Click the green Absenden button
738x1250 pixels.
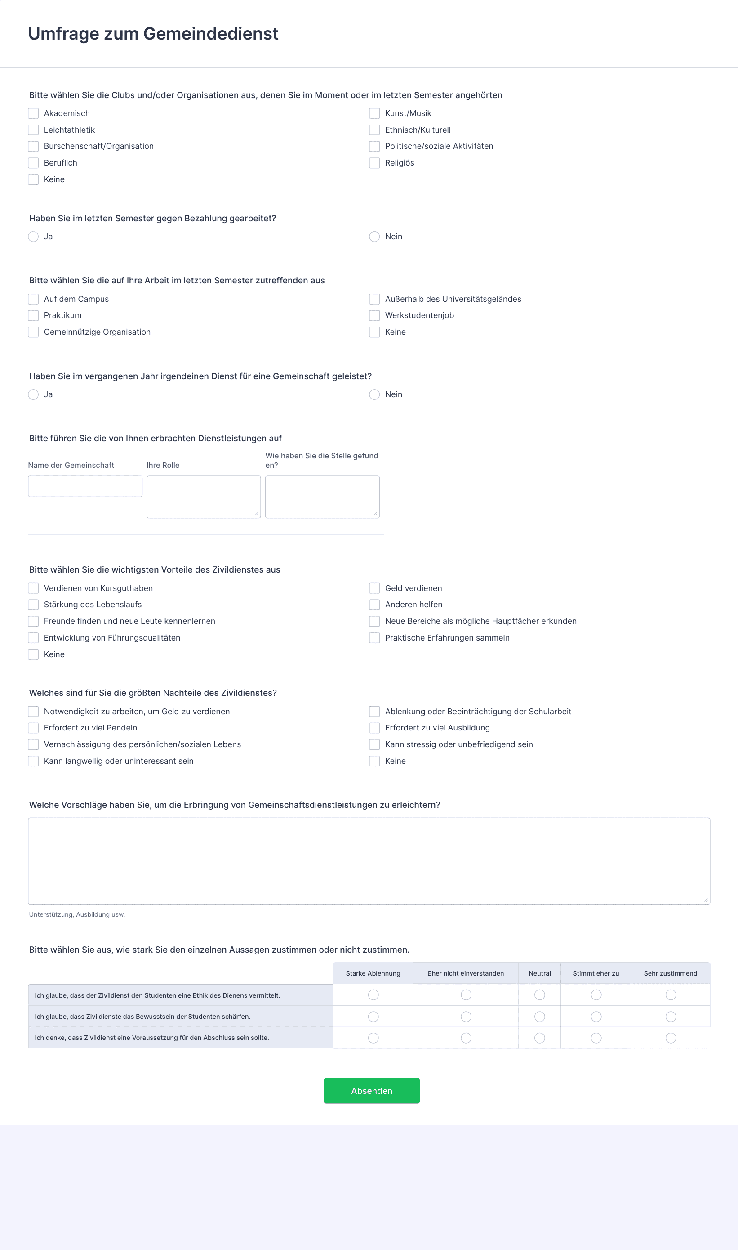click(372, 1091)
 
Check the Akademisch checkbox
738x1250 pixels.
click(33, 113)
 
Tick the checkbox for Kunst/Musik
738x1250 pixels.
click(374, 113)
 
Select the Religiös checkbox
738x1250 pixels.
click(374, 163)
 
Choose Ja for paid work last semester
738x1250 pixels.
click(33, 236)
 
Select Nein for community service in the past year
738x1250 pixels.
click(374, 394)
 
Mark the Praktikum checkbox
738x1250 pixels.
click(33, 315)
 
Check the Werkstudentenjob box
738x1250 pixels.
click(374, 315)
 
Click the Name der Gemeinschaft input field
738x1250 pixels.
click(85, 486)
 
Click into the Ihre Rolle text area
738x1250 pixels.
click(204, 497)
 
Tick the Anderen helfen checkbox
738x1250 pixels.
click(374, 605)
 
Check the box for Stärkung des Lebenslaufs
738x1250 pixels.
click(33, 605)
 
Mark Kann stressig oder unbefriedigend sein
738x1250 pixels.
click(374, 744)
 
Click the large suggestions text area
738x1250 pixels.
click(369, 861)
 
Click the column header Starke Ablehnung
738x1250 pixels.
click(373, 973)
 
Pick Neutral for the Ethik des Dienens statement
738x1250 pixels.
click(540, 995)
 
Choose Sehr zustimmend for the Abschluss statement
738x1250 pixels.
click(671, 1038)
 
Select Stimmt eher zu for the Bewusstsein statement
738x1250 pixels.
click(596, 1017)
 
